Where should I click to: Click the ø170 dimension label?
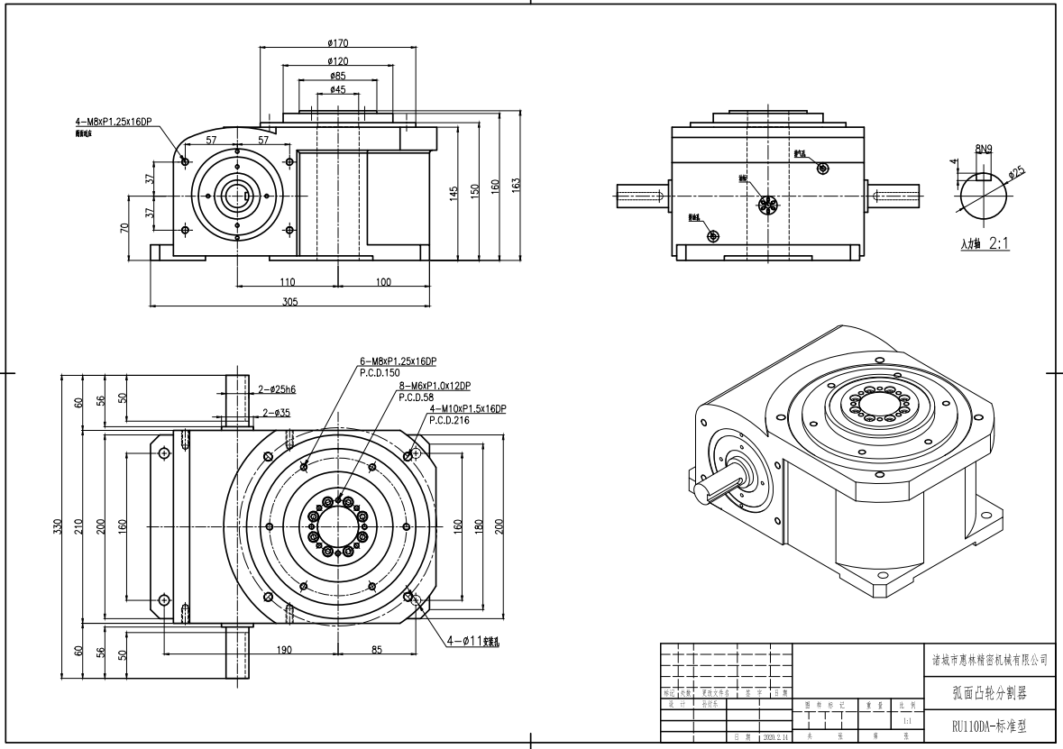339,42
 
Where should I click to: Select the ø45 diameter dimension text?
339,89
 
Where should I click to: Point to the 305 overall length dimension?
289,302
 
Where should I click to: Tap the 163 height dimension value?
517,185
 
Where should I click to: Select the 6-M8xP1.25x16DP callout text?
398,361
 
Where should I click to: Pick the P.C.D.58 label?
417,397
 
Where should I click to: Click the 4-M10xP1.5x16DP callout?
468,409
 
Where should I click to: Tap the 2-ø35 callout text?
277,413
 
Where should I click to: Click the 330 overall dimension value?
58,525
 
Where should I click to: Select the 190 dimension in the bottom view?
283,649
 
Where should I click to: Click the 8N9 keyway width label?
984,149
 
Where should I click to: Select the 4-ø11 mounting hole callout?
473,643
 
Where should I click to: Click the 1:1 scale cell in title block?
906,721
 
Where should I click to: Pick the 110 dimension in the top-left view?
288,282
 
